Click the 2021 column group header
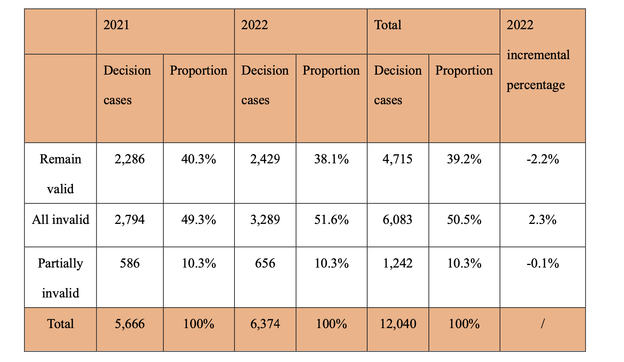tap(116, 25)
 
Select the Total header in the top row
tap(388, 25)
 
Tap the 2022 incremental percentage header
tap(538, 55)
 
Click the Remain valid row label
tap(60, 174)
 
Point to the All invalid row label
tap(60, 220)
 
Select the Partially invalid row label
tap(60, 278)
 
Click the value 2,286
tap(129, 159)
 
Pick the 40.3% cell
tap(198, 159)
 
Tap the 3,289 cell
tap(265, 220)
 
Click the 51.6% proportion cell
tap(331, 220)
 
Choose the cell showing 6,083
tap(397, 220)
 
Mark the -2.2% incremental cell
tap(542, 159)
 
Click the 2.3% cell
tap(542, 220)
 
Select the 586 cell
tap(129, 264)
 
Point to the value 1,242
tap(397, 264)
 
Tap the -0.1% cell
tap(542, 264)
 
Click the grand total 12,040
tap(398, 324)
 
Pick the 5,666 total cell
tap(129, 324)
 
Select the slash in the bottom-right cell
tap(542, 324)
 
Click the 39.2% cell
tap(464, 159)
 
